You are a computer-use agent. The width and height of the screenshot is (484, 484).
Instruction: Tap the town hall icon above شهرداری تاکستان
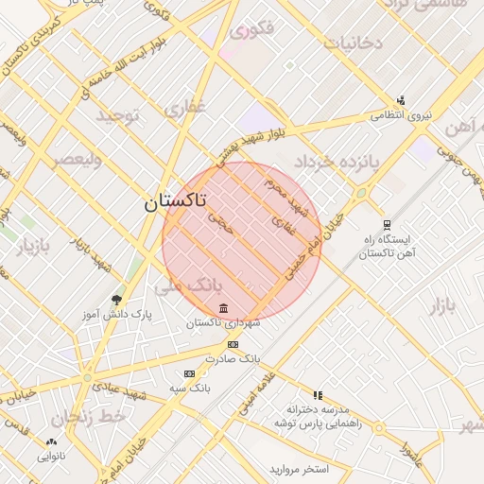coord(223,309)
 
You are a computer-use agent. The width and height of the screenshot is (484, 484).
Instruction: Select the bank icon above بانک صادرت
coord(233,345)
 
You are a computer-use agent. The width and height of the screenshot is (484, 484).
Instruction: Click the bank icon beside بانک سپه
coord(189,373)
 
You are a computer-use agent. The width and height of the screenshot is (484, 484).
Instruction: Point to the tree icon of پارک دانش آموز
coord(116,300)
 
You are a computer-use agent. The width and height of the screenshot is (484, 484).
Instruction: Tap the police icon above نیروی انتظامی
coord(401,100)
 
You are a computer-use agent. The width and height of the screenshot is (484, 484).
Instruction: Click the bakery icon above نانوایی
coord(51,441)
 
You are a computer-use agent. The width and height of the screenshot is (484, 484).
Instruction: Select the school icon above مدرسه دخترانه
coord(318,395)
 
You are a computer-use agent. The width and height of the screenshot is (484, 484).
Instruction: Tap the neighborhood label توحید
coord(116,116)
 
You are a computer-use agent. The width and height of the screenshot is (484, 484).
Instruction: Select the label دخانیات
coord(353,43)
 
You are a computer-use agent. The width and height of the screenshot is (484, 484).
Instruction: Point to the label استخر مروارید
coord(298,469)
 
